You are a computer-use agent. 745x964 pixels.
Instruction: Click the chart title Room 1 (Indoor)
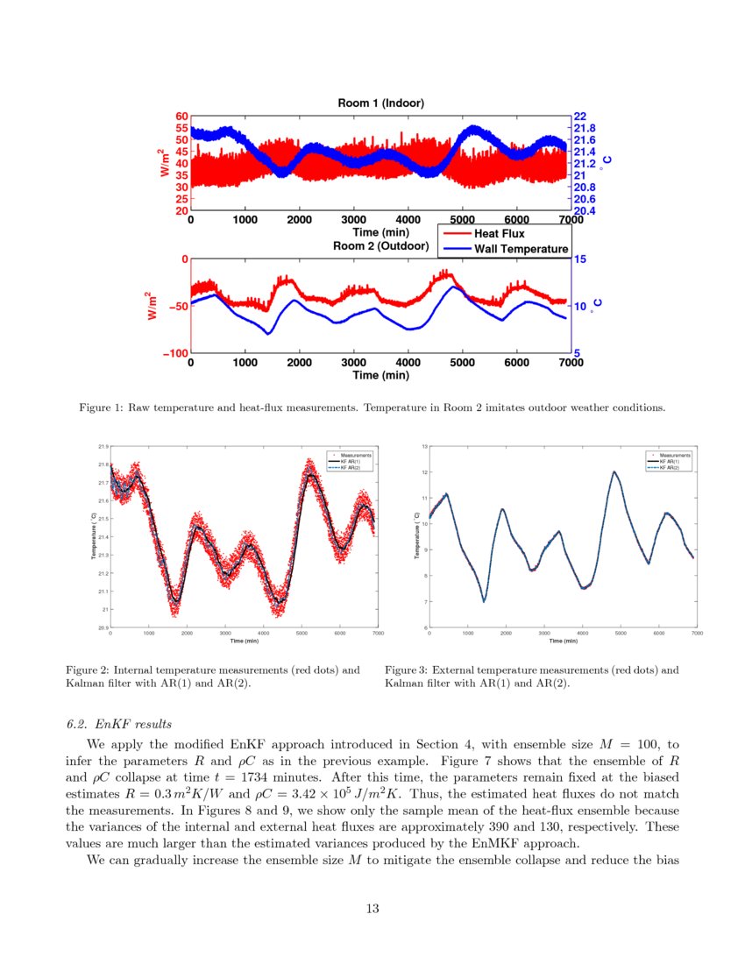click(381, 103)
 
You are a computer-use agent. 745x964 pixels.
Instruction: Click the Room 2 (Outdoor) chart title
click(382, 246)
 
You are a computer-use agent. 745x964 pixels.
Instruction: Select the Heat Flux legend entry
click(499, 234)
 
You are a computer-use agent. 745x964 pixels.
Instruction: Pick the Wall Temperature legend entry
click(521, 249)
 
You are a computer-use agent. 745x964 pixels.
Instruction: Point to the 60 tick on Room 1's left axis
click(181, 116)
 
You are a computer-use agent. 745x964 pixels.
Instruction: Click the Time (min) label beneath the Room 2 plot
click(380, 375)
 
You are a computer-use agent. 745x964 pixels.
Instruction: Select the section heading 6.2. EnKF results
click(118, 724)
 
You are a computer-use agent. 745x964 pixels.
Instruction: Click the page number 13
click(372, 908)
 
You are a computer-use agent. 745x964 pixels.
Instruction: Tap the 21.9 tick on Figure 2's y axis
click(103, 447)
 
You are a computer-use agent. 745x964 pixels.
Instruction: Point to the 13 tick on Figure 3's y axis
click(424, 447)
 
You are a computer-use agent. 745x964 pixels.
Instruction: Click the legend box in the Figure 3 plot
click(669, 462)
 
